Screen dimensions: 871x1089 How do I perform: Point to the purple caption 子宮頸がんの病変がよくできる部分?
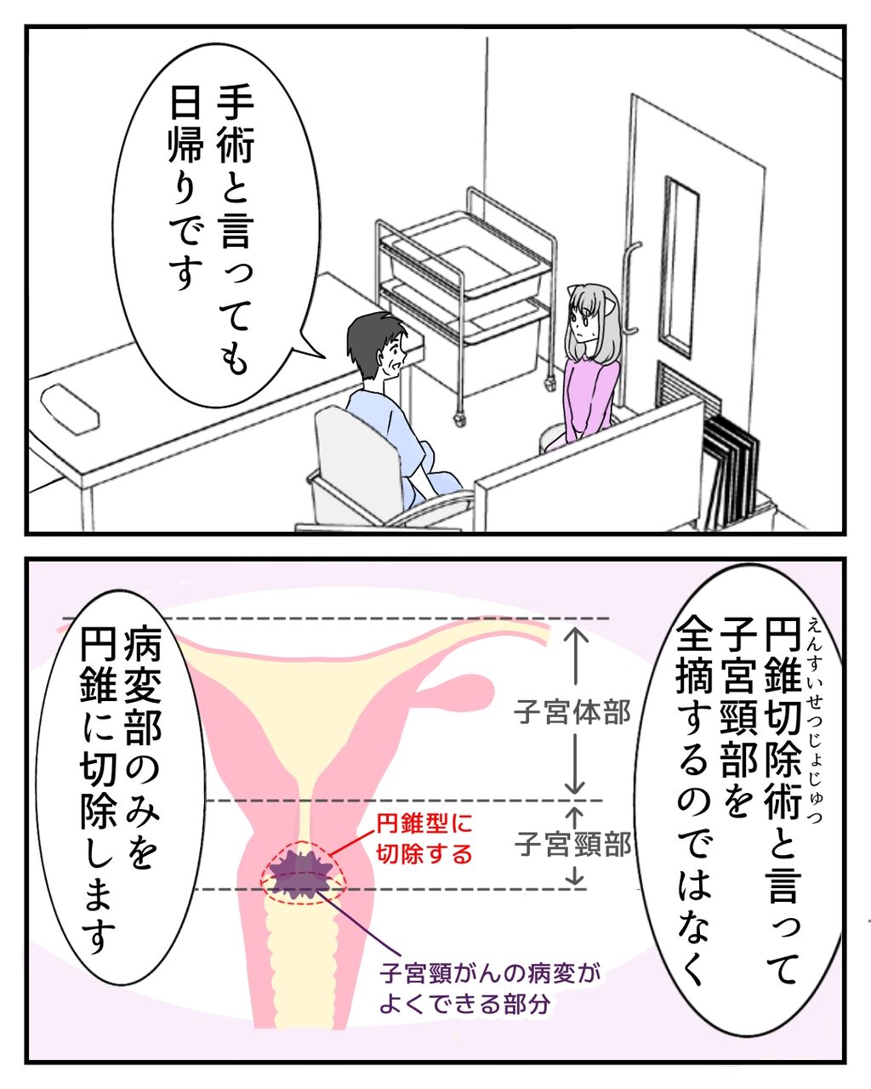tap(489, 987)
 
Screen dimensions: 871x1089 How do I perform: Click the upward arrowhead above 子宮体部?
tap(577, 634)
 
